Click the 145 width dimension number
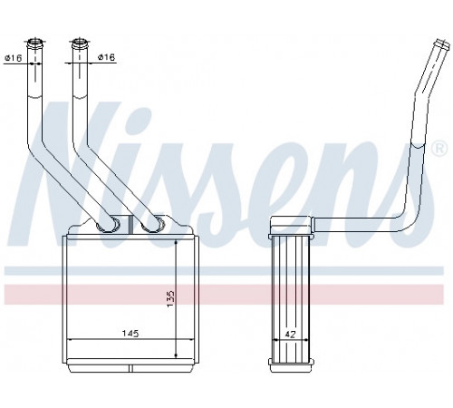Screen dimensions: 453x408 pos(130,334)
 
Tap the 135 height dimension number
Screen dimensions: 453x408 pos(170,299)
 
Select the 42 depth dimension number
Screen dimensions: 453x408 pos(290,335)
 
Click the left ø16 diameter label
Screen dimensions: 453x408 pos(14,57)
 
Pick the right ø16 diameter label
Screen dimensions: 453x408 pos(107,57)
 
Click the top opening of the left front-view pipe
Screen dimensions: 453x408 pos(35,42)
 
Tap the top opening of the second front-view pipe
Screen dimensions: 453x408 pos(80,42)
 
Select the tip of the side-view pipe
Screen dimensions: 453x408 pos(443,44)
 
